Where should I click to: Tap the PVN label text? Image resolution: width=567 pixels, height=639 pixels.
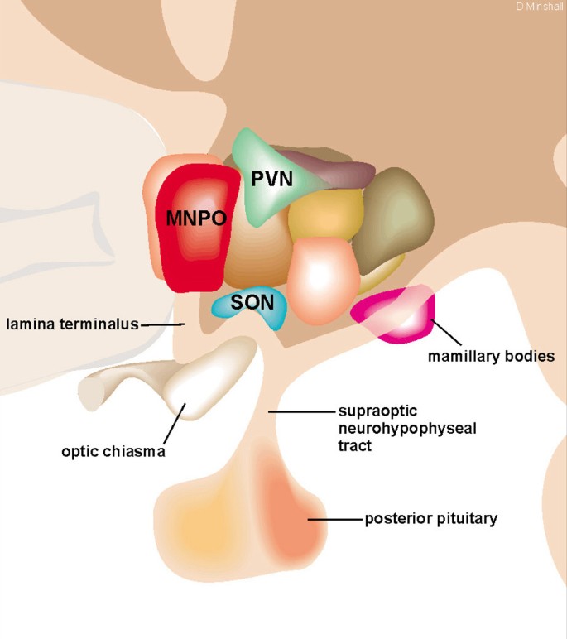(x=272, y=177)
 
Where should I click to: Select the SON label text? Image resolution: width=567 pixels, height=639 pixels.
(x=252, y=302)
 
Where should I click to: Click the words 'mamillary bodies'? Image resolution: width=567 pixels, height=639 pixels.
(x=491, y=357)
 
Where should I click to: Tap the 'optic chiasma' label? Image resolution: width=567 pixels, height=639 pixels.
(x=113, y=452)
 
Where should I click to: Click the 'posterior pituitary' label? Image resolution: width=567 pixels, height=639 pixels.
(x=430, y=520)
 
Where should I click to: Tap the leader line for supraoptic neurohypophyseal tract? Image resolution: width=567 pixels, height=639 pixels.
(x=299, y=411)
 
